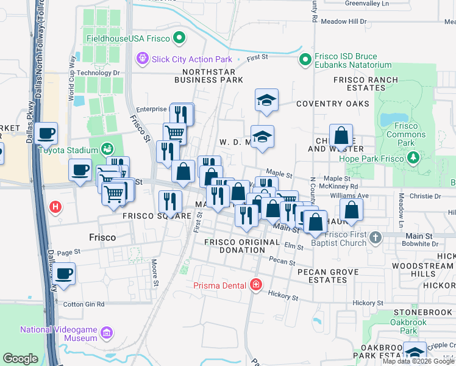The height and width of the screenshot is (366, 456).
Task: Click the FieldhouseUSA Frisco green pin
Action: pos(179,38)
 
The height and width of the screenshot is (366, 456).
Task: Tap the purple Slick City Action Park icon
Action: pos(143,59)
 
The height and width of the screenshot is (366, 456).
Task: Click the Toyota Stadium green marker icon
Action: pos(107,149)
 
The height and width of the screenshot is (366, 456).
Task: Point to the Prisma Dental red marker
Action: pos(255,285)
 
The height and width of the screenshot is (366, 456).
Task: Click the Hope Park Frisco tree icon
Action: pos(414,159)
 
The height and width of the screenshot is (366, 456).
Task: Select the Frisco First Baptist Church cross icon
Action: pos(376,237)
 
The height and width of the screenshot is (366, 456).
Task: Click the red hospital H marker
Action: pos(55,207)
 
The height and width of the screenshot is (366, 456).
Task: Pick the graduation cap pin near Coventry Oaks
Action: pos(266,99)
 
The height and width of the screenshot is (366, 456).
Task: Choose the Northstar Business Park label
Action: pos(208,75)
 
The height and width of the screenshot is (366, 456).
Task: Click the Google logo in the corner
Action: pos(20,359)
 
